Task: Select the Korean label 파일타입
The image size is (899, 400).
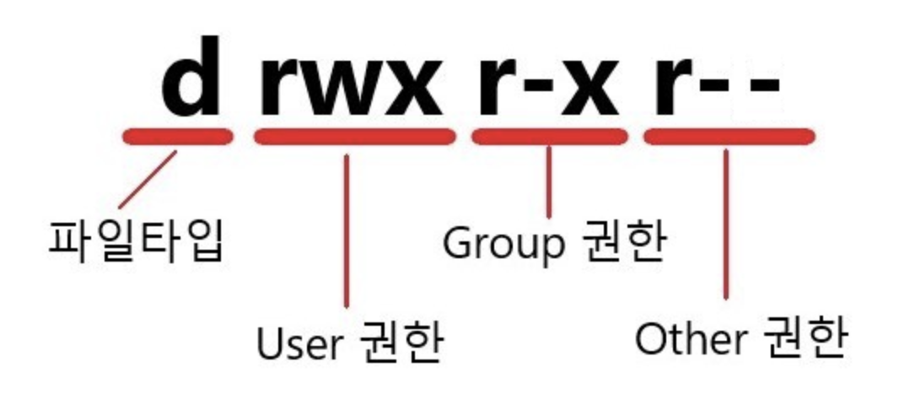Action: point(136,241)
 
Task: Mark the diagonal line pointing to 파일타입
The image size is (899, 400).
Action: point(148,181)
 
